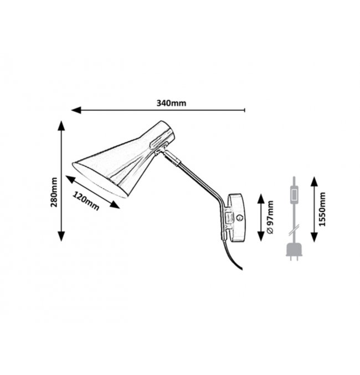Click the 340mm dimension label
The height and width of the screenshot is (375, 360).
(171, 103)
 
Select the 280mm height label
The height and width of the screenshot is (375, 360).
(54, 192)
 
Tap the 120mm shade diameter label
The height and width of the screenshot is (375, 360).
(86, 201)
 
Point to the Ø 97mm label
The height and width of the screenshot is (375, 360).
(270, 217)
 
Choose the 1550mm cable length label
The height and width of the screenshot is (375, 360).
(322, 209)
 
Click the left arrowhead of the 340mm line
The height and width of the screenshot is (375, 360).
(76, 110)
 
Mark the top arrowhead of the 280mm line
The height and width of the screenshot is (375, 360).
(61, 126)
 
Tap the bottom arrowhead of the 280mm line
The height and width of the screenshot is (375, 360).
(61, 236)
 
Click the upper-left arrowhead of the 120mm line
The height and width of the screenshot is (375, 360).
(70, 179)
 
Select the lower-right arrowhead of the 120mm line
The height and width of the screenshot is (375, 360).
(115, 205)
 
